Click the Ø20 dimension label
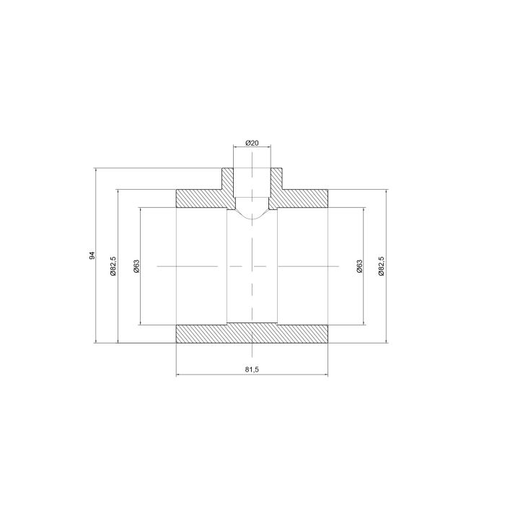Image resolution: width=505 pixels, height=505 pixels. (x=252, y=143)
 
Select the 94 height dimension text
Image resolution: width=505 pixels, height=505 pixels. (x=92, y=256)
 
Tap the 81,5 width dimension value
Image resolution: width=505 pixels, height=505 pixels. (x=252, y=369)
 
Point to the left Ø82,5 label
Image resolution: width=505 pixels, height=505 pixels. (x=113, y=265)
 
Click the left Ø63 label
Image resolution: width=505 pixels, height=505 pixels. (x=136, y=266)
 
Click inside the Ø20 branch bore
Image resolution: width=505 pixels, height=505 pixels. (x=252, y=184)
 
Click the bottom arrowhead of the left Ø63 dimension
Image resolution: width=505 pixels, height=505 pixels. (x=141, y=321)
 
